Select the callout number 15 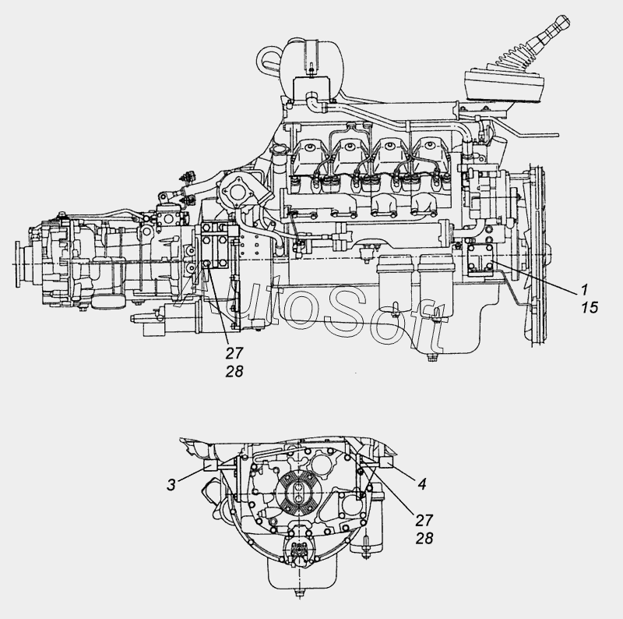pyautogui.click(x=588, y=307)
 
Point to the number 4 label pyautogui.click(x=421, y=484)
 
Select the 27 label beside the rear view pyautogui.click(x=423, y=520)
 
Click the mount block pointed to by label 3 pyautogui.click(x=211, y=467)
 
